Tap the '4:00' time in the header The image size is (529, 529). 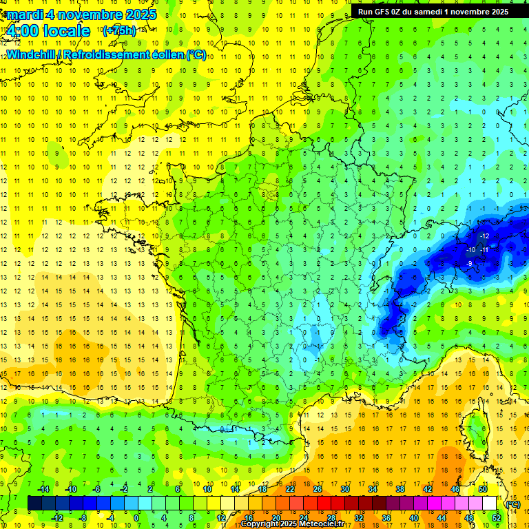(23, 31)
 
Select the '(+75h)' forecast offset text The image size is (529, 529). (119, 31)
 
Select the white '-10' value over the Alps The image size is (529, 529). (470, 249)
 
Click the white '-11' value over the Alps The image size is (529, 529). (484, 249)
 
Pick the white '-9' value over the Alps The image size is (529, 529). (469, 263)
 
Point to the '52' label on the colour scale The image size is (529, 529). (496, 518)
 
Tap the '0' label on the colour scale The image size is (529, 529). (136, 518)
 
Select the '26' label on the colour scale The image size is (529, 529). (318, 489)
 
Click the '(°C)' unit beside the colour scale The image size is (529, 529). (512, 504)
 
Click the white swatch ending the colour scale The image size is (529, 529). (489, 504)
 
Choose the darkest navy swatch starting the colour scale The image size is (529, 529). (34, 504)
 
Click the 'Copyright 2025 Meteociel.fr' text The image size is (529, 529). (293, 524)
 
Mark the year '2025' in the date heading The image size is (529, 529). (136, 14)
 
